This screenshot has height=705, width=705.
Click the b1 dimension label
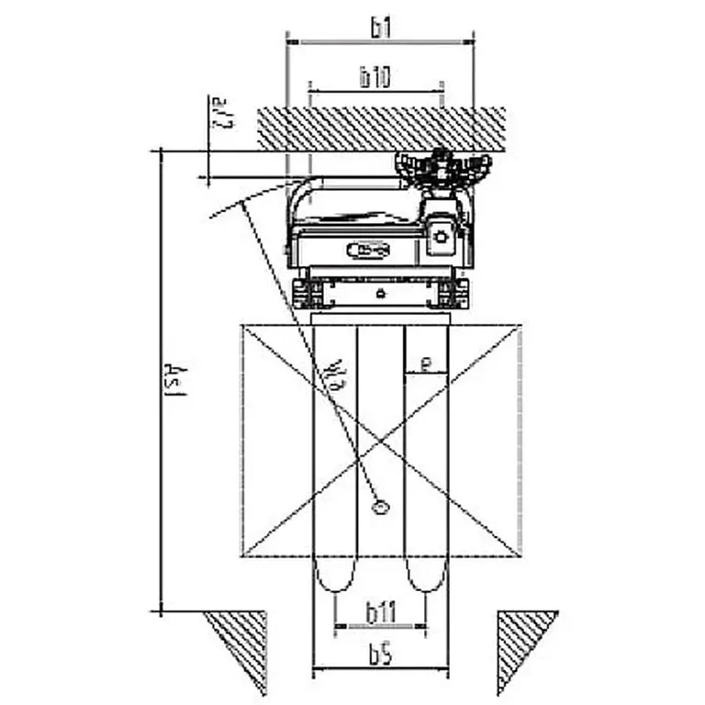(x=381, y=28)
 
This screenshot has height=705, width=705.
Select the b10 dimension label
(x=375, y=78)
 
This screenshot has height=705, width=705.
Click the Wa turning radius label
(x=338, y=373)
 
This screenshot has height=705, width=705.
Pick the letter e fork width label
(x=425, y=364)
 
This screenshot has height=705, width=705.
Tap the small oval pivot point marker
(x=378, y=506)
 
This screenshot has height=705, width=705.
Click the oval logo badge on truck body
(x=368, y=250)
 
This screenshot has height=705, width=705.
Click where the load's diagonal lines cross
(x=382, y=441)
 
